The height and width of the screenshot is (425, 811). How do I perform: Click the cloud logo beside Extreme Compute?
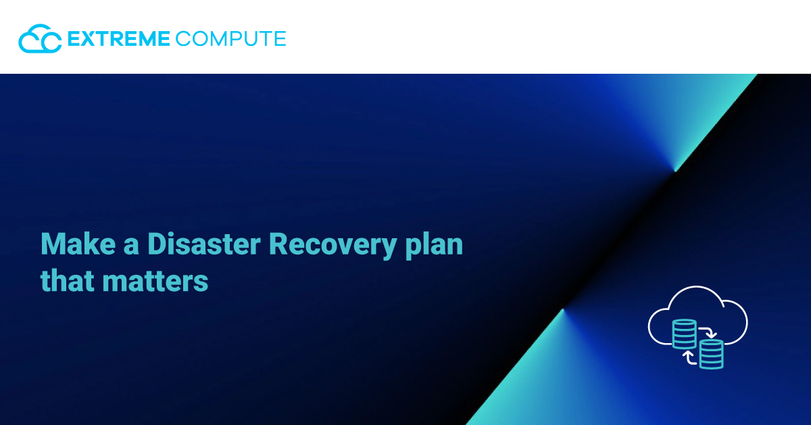pyautogui.click(x=40, y=39)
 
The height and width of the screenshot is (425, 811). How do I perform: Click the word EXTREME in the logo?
pyautogui.click(x=119, y=39)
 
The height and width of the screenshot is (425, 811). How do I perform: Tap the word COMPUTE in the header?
pyautogui.click(x=231, y=39)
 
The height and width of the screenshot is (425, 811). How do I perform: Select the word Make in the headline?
pyautogui.click(x=78, y=244)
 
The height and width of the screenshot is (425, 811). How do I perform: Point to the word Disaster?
pyautogui.click(x=204, y=244)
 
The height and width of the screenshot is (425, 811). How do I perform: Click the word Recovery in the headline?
pyautogui.click(x=333, y=246)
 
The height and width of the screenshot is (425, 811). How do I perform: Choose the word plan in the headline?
pyautogui.click(x=434, y=246)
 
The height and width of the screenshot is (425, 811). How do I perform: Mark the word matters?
pyautogui.click(x=155, y=281)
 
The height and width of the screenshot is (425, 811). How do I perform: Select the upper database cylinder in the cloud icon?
pyautogui.click(x=684, y=334)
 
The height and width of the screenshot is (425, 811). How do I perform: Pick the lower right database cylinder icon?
pyautogui.click(x=712, y=354)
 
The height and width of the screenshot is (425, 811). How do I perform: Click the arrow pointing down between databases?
pyautogui.click(x=708, y=332)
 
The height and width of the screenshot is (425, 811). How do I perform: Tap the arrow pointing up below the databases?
pyautogui.click(x=689, y=357)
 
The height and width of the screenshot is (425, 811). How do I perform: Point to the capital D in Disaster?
pyautogui.click(x=157, y=244)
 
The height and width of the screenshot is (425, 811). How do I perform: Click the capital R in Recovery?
pyautogui.click(x=279, y=244)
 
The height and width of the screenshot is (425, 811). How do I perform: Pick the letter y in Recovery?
pyautogui.click(x=388, y=250)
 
